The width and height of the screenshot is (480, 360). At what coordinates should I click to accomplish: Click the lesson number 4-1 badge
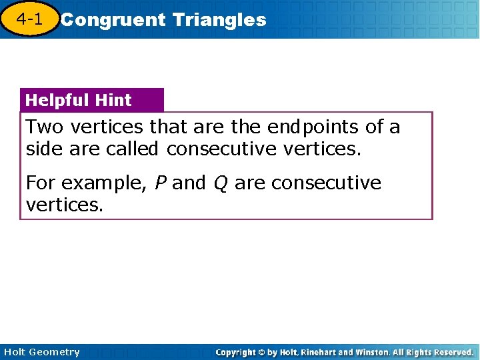click(x=29, y=19)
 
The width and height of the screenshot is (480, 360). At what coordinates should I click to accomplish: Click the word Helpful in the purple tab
click(x=58, y=101)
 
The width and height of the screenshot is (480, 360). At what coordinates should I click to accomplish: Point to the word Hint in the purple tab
click(x=113, y=101)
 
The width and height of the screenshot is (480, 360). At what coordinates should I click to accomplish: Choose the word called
click(x=132, y=149)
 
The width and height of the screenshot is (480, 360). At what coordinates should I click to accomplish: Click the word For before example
click(x=40, y=183)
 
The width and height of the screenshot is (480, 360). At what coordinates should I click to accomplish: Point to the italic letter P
click(x=159, y=183)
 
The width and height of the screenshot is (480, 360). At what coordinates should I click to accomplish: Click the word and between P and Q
click(x=189, y=183)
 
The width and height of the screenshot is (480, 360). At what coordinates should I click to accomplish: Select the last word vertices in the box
click(x=64, y=205)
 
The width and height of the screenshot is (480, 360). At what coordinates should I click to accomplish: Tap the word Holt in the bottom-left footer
click(x=16, y=352)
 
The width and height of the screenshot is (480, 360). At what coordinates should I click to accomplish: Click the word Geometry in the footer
click(x=55, y=353)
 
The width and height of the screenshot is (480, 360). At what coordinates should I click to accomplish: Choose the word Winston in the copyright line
click(x=361, y=352)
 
